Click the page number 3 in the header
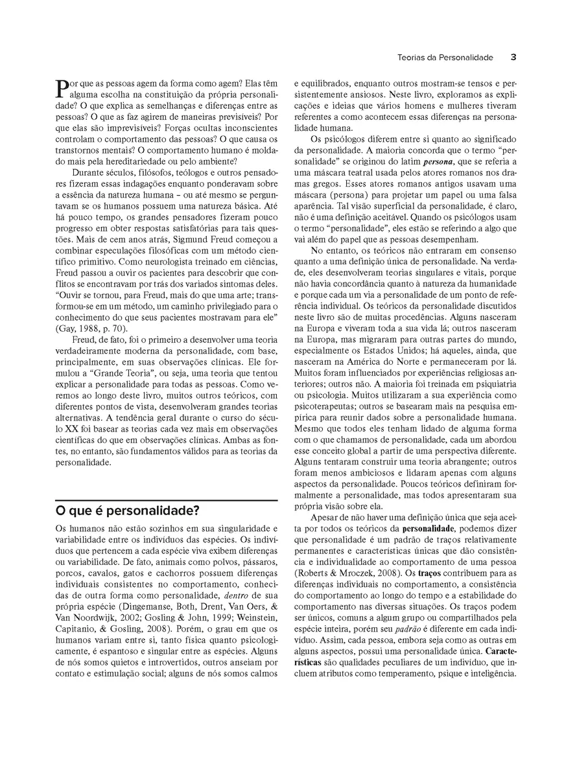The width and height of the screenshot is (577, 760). point(513,57)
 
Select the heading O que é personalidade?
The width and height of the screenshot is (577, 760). point(127,510)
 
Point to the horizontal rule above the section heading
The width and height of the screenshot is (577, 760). point(167,500)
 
